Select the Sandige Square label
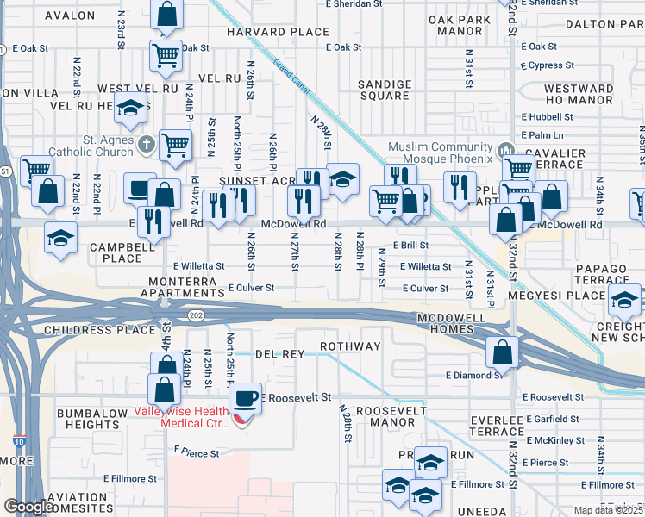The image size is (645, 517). [385, 90]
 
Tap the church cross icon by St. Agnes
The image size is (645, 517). [147, 144]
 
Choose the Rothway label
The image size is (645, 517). [350, 346]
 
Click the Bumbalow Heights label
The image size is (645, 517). [92, 420]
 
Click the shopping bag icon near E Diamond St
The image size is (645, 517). [502, 352]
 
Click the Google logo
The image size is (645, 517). [29, 507]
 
